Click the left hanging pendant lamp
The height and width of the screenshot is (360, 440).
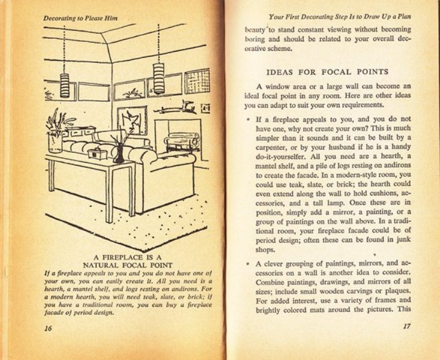tap(64, 85)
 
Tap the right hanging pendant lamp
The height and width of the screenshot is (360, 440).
tap(159, 77)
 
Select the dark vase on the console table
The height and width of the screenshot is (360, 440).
tap(119, 154)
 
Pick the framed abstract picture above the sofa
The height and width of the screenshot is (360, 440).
tap(132, 120)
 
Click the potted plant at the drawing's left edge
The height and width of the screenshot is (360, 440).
tap(56, 129)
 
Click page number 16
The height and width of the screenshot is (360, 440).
tap(48, 328)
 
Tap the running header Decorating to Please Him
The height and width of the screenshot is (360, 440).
tap(80, 18)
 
